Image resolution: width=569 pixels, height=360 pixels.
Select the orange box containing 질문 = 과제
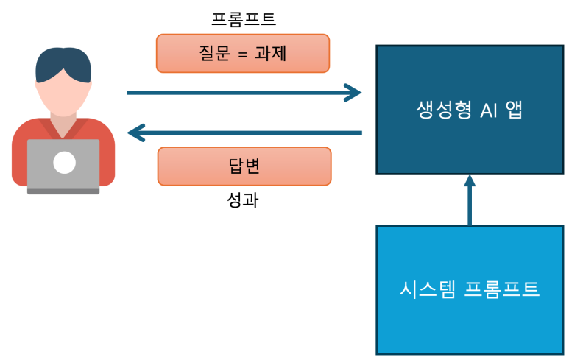coord(242,53)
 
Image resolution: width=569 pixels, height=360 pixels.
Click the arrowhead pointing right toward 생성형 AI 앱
coord(354,93)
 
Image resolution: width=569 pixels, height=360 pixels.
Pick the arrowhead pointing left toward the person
coord(135,133)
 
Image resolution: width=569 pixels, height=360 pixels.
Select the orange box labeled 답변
coord(244,166)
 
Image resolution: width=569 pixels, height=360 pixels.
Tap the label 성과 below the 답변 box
coord(243,200)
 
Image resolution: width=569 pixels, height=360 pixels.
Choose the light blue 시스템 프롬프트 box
coord(470,289)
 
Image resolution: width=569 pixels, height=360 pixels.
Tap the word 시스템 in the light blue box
coord(428,289)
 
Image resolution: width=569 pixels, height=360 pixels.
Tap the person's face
coord(63,96)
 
